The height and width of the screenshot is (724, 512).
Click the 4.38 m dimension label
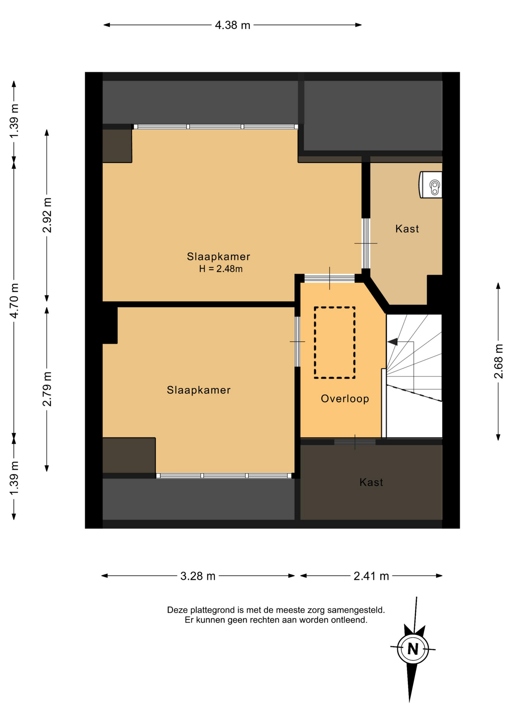(232, 25)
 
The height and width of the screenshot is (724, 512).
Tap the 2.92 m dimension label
(47, 215)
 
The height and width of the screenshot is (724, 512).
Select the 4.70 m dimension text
(14, 301)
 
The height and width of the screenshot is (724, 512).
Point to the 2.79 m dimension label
(47, 389)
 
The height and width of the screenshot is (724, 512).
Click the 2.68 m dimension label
(498, 361)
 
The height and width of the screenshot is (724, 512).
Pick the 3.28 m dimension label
(198, 576)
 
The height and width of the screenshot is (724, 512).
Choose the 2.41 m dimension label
(371, 576)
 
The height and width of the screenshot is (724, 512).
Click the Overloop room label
(345, 399)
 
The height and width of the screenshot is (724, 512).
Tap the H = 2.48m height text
(221, 269)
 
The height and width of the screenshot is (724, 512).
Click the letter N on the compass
(413, 649)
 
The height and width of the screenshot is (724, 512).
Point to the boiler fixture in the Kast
(431, 185)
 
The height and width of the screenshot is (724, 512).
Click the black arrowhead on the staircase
(392, 342)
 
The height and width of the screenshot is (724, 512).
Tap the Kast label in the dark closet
(371, 482)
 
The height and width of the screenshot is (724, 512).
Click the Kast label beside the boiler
(407, 229)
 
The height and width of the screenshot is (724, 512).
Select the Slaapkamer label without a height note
(199, 390)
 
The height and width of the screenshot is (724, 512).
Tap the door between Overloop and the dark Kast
(355, 442)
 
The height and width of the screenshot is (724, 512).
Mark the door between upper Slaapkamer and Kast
(366, 244)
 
